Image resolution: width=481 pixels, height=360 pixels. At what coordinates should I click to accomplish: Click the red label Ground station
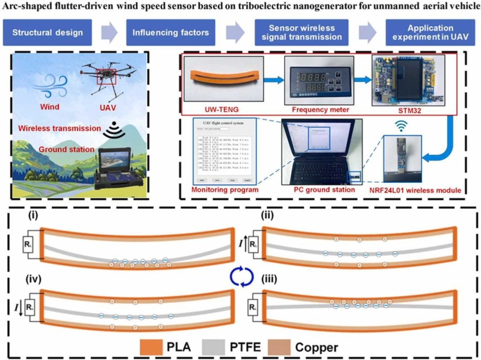coord(60,150)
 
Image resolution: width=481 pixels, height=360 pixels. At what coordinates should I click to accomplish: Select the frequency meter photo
coord(315,80)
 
